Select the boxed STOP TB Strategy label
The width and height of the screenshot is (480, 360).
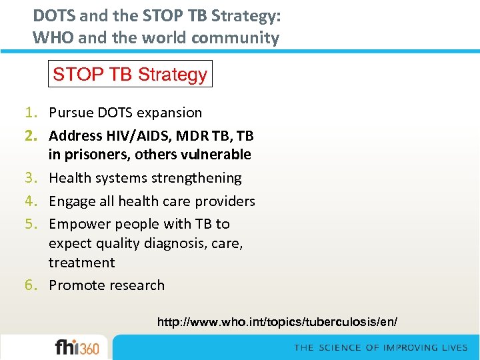tap(130, 74)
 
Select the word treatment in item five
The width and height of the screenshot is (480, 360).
tap(81, 263)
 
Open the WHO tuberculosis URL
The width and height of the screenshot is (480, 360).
tap(277, 322)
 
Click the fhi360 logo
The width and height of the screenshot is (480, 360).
tap(77, 347)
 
